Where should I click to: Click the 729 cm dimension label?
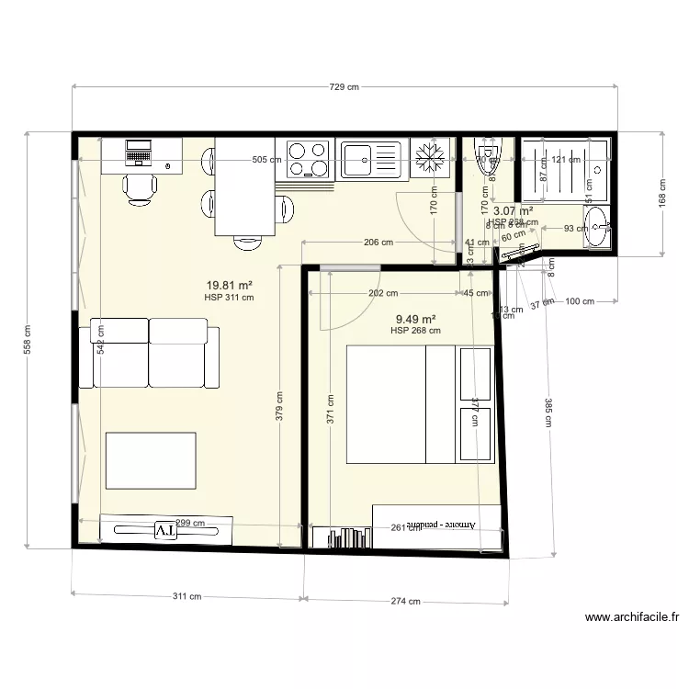click(344, 87)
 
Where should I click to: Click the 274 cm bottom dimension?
click(405, 602)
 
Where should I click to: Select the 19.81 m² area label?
click(229, 286)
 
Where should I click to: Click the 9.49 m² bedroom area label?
click(415, 319)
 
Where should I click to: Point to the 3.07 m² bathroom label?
click(514, 210)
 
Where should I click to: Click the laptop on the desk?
click(139, 151)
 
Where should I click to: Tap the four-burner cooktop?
click(308, 158)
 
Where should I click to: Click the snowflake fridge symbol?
click(429, 158)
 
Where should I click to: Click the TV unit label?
click(165, 530)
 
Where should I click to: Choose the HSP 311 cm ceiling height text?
click(229, 298)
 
